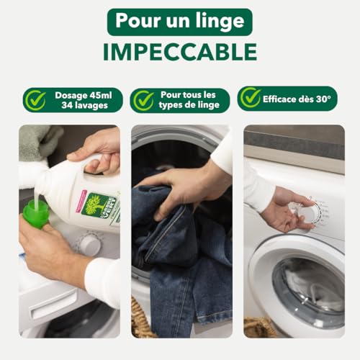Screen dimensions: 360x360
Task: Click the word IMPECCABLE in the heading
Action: tap(180, 52)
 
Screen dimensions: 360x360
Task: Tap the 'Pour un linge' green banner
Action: tap(180, 22)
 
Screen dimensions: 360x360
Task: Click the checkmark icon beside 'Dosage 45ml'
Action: tap(35, 100)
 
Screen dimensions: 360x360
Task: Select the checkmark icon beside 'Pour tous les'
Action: tap(143, 100)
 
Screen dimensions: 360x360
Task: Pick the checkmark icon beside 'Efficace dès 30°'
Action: tap(250, 98)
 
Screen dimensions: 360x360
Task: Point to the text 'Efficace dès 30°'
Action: tap(296, 98)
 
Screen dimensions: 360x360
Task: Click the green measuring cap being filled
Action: tap(35, 213)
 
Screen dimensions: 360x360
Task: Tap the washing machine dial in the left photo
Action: tap(89, 244)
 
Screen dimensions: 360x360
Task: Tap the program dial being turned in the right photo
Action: tap(308, 213)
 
